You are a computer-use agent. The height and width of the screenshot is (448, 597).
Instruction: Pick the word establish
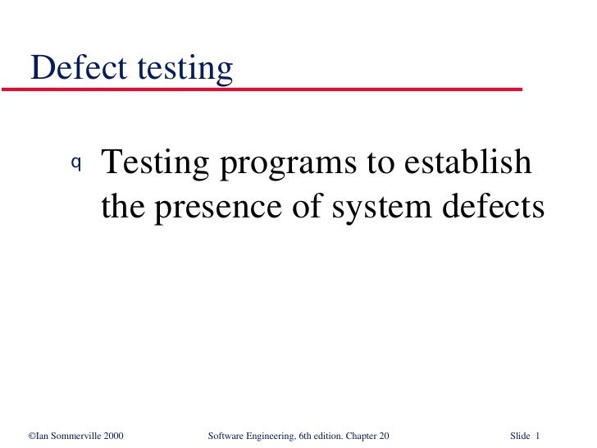click(467, 163)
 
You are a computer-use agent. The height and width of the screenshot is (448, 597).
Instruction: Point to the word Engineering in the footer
click(272, 436)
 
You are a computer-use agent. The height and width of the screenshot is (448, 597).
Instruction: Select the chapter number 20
click(382, 435)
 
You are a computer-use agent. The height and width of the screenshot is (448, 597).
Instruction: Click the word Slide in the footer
click(521, 435)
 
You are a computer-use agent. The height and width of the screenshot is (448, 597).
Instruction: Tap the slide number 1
click(540, 435)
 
